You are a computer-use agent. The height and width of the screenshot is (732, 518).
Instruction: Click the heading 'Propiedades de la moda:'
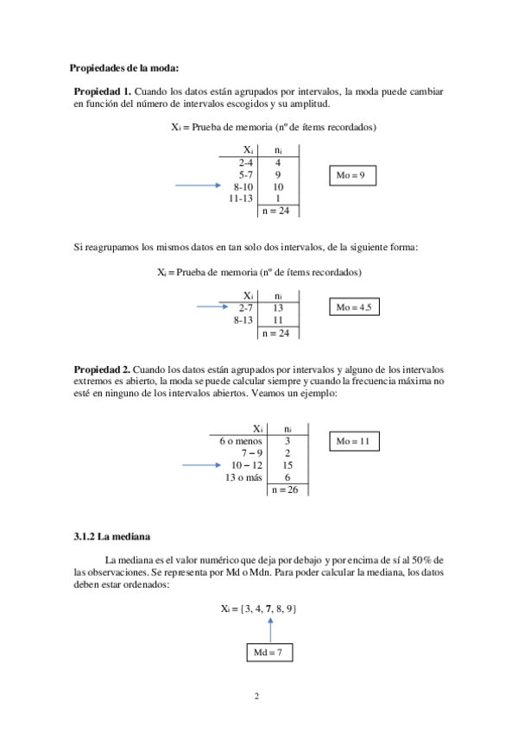(x=124, y=68)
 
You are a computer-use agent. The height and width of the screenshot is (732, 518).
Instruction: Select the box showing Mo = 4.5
(x=355, y=308)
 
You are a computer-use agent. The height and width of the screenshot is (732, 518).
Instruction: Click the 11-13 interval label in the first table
(x=241, y=198)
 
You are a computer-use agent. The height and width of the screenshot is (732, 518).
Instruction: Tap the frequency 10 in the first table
(x=278, y=186)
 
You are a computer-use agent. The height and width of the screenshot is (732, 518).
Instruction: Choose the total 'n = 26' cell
(x=287, y=489)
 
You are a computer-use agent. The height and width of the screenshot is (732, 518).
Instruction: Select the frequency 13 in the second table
(x=278, y=307)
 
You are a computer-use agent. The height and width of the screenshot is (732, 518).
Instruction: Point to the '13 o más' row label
(x=243, y=477)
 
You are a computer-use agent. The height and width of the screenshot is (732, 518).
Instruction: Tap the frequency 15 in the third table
(x=287, y=465)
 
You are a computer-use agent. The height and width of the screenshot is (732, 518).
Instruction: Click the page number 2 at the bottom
(x=256, y=696)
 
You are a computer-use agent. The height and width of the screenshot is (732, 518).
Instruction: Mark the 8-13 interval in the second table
(x=243, y=319)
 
